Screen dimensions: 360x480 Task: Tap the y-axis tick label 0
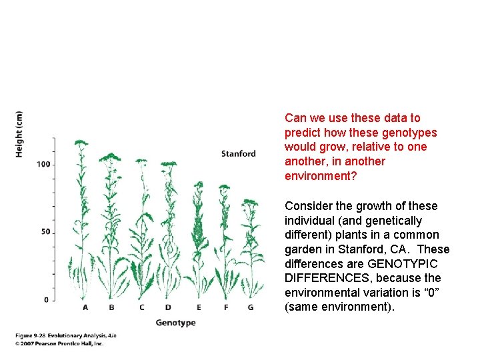pyautogui.click(x=46, y=299)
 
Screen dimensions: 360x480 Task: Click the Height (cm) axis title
pyautogui.click(x=19, y=134)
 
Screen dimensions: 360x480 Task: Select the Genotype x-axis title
pyautogui.click(x=176, y=323)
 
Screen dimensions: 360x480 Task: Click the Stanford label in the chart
pyautogui.click(x=238, y=154)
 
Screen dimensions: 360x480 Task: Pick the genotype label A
pyautogui.click(x=85, y=307)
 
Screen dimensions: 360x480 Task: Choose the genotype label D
pyautogui.click(x=167, y=307)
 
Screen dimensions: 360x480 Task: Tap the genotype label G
pyautogui.click(x=250, y=307)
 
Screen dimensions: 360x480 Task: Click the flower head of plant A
pyautogui.click(x=81, y=143)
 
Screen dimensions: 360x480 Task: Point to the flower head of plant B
pyautogui.click(x=110, y=157)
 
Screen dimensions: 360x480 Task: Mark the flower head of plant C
pyautogui.click(x=141, y=161)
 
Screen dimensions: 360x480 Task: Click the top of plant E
pyautogui.click(x=197, y=183)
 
